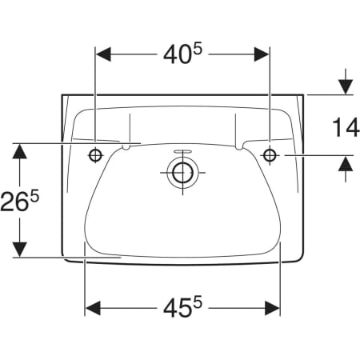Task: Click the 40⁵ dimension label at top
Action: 183,54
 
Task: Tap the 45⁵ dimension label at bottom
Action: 183,307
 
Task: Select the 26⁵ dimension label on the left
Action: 19,201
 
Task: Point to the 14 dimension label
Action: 346,128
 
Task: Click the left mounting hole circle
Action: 95,154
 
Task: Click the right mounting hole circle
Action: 270,154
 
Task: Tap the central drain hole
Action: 182,173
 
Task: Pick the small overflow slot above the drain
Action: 182,151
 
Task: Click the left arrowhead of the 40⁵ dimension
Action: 103,54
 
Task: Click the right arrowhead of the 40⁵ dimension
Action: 262,54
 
